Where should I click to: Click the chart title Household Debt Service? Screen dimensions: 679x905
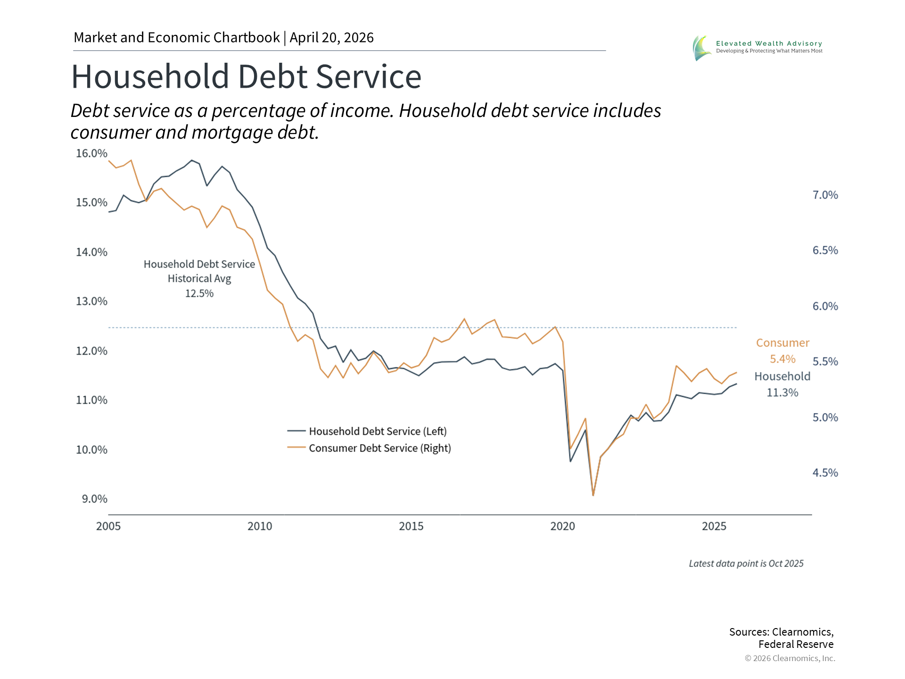coord(246,77)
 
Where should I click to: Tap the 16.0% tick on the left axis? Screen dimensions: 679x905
coord(91,154)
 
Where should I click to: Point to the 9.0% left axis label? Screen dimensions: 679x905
coord(94,499)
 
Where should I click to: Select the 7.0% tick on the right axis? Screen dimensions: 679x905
coord(825,195)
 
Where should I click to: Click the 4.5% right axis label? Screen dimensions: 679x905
coord(825,473)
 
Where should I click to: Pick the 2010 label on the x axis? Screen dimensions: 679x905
coord(260,526)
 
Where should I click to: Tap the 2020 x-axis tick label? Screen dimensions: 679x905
coord(562,526)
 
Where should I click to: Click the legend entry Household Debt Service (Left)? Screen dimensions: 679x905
coord(378,431)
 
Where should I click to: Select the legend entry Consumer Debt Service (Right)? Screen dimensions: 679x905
coord(379,448)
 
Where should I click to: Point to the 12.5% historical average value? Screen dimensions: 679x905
coord(199,294)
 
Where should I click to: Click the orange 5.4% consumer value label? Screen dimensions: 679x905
coord(782,359)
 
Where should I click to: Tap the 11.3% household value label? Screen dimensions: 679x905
coord(782,393)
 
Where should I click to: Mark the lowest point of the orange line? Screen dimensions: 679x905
coord(593,495)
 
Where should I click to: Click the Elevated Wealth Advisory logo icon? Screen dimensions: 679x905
coord(702,48)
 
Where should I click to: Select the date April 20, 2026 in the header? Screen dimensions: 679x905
coord(331,38)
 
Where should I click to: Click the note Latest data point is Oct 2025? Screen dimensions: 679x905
coord(746,563)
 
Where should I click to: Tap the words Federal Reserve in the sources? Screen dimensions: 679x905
coord(796,645)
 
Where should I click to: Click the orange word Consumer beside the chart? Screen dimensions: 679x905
coord(782,343)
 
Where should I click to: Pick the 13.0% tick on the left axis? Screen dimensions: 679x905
coord(91,301)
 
